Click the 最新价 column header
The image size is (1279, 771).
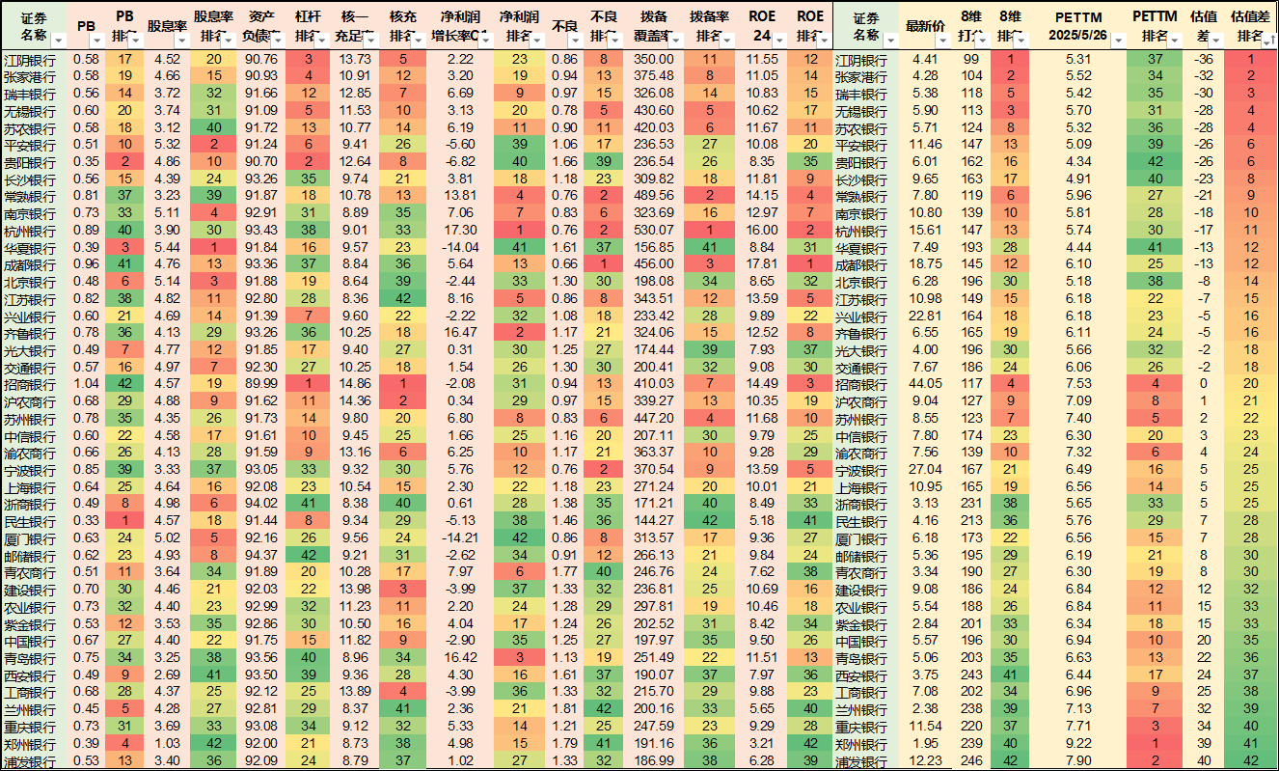925,26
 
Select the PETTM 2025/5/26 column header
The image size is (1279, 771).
1077,26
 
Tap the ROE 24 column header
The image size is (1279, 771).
762,26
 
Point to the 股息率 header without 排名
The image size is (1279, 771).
166,26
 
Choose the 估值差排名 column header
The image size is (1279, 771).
1250,26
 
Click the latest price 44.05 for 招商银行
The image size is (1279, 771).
925,383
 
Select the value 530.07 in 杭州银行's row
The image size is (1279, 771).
655,230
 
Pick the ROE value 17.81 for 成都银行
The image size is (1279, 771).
762,263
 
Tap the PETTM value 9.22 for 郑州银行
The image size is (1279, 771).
1077,743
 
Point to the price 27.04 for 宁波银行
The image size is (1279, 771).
925,468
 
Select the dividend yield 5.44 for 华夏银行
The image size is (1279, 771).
166,246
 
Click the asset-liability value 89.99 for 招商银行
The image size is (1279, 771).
261,383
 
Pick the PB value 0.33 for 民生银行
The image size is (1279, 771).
85,519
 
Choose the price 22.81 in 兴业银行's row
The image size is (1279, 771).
925,316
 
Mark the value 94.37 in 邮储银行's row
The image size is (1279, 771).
261,554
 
